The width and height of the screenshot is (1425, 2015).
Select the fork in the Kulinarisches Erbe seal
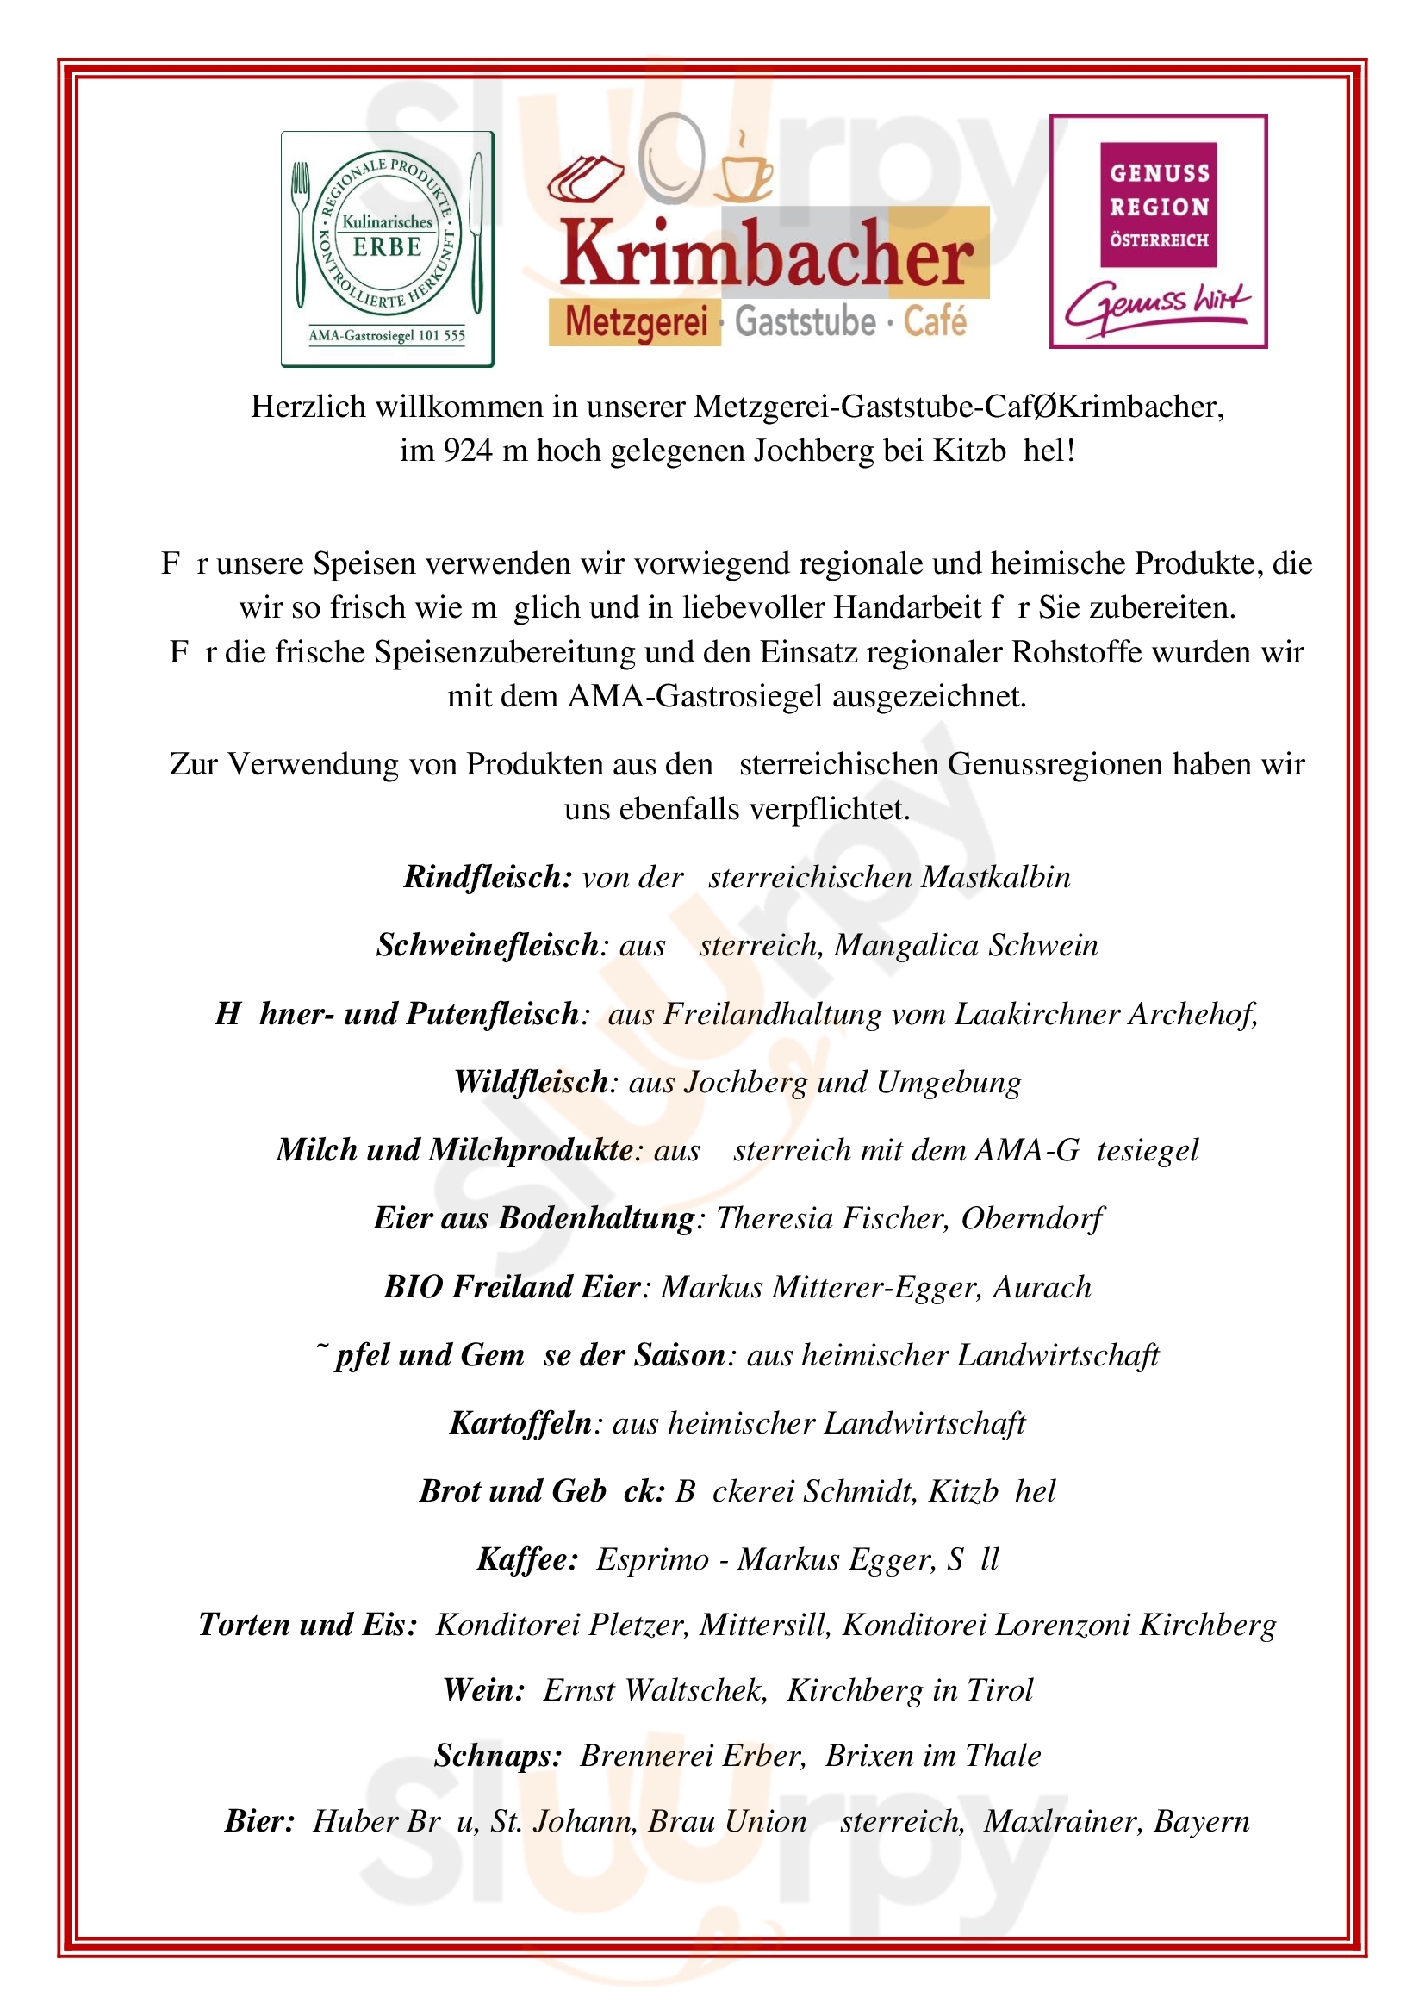click(301, 233)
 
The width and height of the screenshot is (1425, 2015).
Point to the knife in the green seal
click(477, 233)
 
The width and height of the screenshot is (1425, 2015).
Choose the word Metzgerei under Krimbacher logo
click(635, 322)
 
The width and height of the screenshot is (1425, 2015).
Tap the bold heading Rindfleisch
click(488, 877)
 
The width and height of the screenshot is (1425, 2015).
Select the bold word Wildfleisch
click(531, 1082)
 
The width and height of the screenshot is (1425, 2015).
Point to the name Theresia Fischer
click(831, 1218)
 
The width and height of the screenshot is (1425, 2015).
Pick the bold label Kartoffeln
click(521, 1422)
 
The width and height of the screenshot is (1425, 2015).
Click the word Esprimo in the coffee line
click(652, 1559)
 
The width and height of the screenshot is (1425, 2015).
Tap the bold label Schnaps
click(497, 1755)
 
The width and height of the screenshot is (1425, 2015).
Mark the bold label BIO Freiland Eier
click(513, 1286)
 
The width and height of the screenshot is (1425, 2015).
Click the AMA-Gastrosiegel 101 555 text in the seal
click(387, 335)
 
